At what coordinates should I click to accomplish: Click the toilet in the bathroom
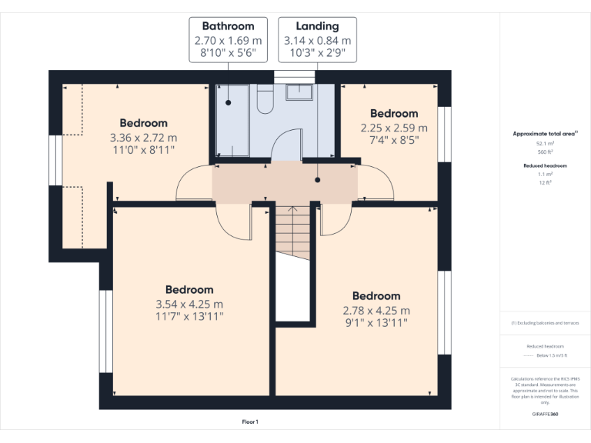[x=265, y=100]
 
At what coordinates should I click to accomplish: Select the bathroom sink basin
[x=299, y=92]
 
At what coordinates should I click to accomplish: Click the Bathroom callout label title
[x=228, y=26]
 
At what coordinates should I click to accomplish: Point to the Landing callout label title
[x=317, y=26]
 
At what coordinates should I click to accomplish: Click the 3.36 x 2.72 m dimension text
[x=143, y=138]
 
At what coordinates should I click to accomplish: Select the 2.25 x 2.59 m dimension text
[x=394, y=128]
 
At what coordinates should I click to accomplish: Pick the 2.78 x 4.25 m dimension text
[x=376, y=310]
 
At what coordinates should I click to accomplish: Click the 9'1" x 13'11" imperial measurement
[x=376, y=323]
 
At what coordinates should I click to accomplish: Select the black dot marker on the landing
[x=317, y=180]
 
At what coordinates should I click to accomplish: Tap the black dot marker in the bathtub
[x=229, y=102]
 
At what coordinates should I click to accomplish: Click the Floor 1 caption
[x=250, y=421]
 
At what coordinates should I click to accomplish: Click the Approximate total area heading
[x=544, y=134]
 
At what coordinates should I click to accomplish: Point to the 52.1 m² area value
[x=544, y=144]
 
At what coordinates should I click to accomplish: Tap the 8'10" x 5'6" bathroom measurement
[x=228, y=54]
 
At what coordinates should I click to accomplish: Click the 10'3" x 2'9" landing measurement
[x=317, y=54]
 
